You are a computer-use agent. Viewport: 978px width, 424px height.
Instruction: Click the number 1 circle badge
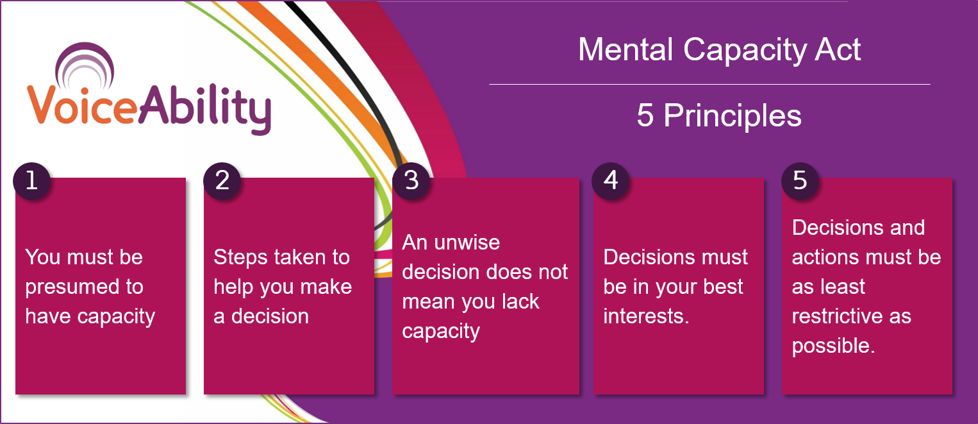[31, 181]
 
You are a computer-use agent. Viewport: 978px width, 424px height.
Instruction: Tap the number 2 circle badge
[222, 181]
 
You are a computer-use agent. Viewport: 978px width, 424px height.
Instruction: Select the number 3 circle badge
[411, 181]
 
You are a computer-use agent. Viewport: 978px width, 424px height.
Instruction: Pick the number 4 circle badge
[611, 181]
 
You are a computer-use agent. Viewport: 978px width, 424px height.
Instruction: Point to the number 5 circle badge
[800, 181]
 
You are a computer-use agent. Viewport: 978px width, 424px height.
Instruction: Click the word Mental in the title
[627, 49]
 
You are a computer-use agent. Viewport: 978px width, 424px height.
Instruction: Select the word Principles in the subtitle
[733, 116]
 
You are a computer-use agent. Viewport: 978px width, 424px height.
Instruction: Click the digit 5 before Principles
[645, 116]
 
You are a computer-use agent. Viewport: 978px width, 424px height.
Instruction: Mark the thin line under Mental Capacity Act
[709, 84]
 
